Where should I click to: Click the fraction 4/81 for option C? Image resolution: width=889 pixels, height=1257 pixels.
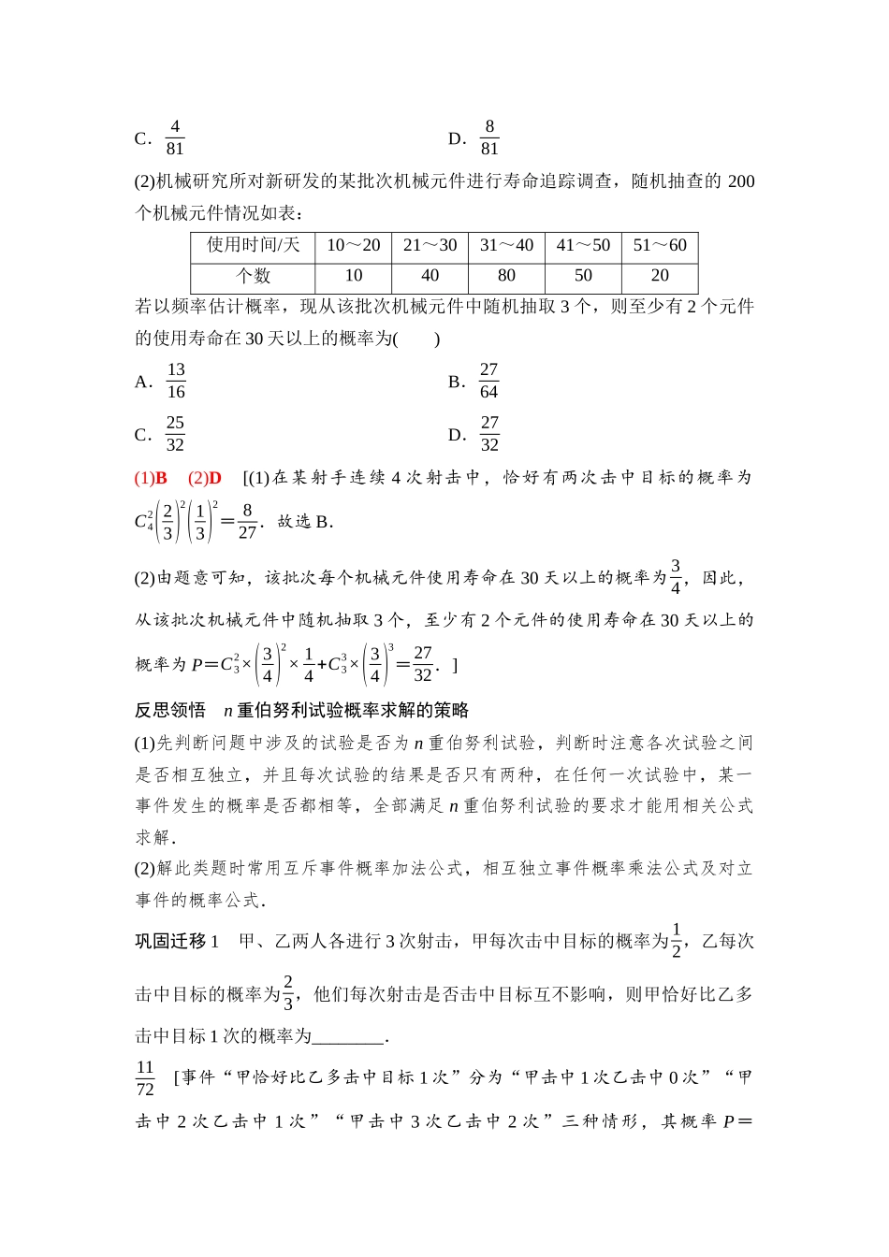click(175, 137)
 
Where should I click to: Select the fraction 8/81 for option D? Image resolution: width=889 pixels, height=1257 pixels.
click(489, 137)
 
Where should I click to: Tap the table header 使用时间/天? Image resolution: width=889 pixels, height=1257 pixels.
click(253, 245)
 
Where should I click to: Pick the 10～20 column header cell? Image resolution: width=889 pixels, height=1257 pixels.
click(354, 245)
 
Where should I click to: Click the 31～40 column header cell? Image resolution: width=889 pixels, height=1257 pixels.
click(506, 245)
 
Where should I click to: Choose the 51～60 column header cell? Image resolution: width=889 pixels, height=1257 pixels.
click(660, 245)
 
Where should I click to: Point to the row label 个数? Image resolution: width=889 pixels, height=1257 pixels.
click(253, 276)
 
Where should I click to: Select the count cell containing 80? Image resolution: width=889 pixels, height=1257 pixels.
click(506, 276)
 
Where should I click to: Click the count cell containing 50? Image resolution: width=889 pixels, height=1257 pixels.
click(583, 276)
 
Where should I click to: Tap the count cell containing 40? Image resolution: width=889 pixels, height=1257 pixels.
click(430, 276)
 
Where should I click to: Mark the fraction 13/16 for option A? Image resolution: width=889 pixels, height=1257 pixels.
click(176, 381)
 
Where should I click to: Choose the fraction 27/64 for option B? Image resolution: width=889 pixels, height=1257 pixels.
click(488, 381)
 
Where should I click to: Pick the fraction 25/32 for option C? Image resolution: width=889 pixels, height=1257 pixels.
click(175, 434)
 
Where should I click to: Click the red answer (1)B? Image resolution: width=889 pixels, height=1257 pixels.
click(151, 478)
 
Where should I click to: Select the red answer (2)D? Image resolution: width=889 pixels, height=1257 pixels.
click(205, 478)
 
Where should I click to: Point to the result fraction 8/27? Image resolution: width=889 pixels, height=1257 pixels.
click(247, 522)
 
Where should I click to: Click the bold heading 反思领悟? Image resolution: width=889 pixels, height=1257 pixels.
click(170, 711)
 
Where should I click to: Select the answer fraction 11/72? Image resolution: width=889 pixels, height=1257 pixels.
click(145, 1078)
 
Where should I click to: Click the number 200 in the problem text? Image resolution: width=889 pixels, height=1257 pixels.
click(740, 181)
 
